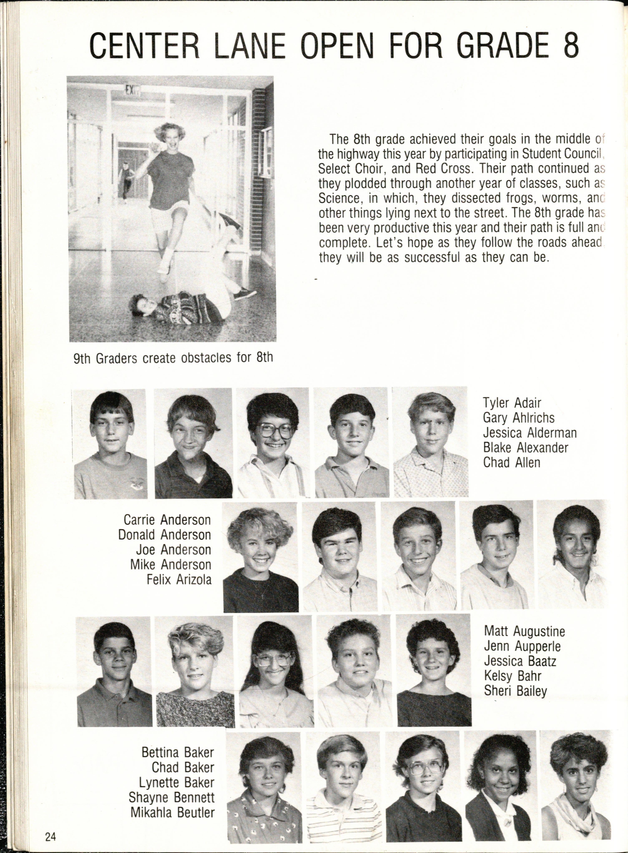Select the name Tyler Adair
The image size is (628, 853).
tap(512, 403)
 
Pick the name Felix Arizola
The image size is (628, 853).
tap(179, 580)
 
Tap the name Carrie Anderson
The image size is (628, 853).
tap(167, 520)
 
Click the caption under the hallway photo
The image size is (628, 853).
tap(173, 358)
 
